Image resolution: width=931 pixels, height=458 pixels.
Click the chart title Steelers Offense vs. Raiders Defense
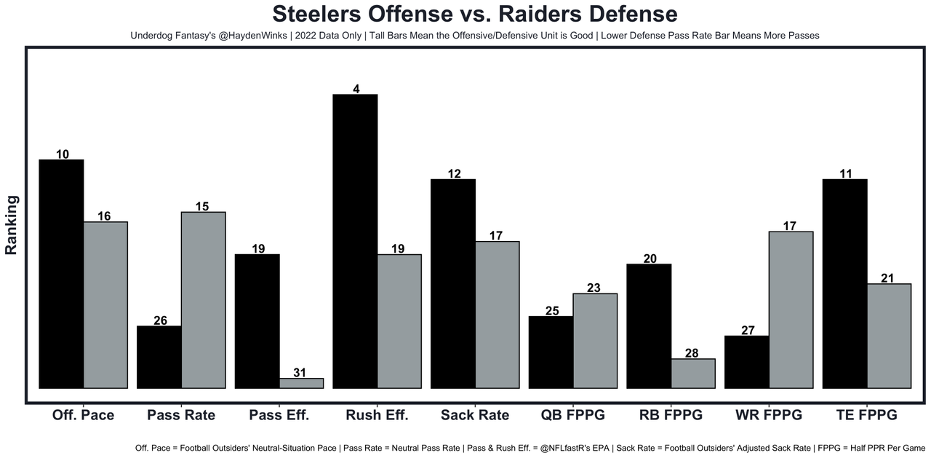click(x=474, y=14)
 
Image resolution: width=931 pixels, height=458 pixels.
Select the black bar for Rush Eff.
click(x=355, y=241)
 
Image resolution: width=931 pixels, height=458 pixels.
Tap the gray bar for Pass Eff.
click(x=301, y=383)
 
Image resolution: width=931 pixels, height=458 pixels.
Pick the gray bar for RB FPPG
click(x=693, y=374)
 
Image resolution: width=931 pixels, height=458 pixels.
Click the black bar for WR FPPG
click(x=747, y=362)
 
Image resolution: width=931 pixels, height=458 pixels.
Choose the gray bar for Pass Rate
click(x=203, y=300)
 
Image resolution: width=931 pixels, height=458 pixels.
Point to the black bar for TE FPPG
click(x=844, y=283)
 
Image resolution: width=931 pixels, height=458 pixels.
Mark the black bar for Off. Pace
click(x=61, y=274)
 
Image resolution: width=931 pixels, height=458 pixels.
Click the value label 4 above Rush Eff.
click(x=356, y=89)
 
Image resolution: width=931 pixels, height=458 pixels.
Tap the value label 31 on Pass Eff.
click(x=300, y=373)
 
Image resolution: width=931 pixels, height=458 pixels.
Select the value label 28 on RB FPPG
click(x=692, y=353)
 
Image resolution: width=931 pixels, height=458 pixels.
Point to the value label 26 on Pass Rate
click(x=161, y=320)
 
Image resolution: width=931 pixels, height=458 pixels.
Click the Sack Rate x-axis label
click(x=474, y=415)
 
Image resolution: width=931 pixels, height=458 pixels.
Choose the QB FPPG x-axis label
click(x=572, y=415)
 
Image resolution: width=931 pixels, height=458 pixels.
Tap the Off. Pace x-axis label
click(x=83, y=415)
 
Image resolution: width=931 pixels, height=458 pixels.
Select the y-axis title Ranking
click(x=12, y=224)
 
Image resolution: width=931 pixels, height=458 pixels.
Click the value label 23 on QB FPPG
click(x=594, y=288)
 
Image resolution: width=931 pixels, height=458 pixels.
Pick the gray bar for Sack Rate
click(x=497, y=315)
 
